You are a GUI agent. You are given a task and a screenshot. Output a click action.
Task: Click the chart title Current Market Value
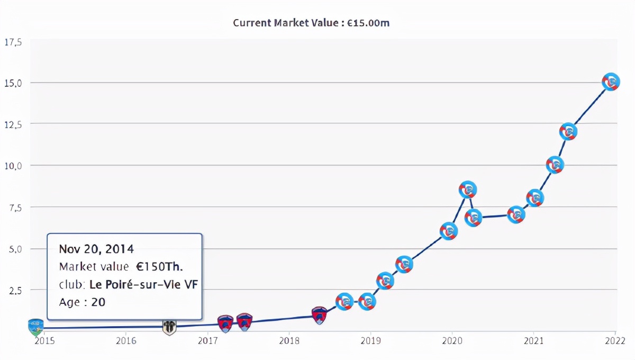click(x=311, y=23)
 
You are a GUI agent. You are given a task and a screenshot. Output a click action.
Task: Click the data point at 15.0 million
click(x=611, y=82)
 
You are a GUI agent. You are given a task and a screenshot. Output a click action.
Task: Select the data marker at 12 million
click(x=568, y=131)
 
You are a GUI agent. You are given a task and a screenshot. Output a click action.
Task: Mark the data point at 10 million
click(x=555, y=165)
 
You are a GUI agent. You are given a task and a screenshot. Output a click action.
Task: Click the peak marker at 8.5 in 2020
click(x=468, y=190)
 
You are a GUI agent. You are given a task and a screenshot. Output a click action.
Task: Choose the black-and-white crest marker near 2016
click(x=169, y=327)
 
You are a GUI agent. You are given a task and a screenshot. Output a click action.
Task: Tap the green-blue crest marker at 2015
click(x=35, y=327)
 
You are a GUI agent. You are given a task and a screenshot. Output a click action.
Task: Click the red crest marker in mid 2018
click(x=319, y=316)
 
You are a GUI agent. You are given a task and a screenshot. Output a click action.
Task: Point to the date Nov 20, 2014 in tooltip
click(x=96, y=249)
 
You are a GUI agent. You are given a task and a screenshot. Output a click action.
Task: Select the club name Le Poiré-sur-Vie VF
click(x=143, y=284)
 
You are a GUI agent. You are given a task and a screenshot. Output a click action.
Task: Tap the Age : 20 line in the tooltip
click(x=83, y=302)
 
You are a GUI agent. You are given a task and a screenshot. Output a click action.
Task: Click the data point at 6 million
click(x=449, y=231)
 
